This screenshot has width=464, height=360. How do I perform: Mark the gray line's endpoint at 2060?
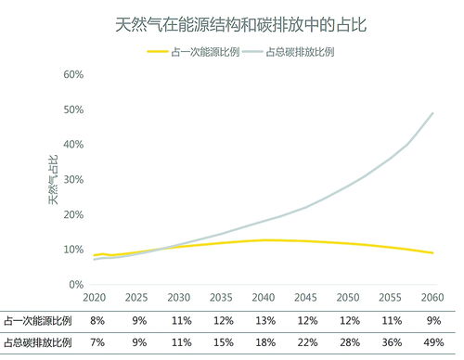(x=433, y=113)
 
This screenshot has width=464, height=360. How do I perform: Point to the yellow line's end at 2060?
(x=433, y=253)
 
